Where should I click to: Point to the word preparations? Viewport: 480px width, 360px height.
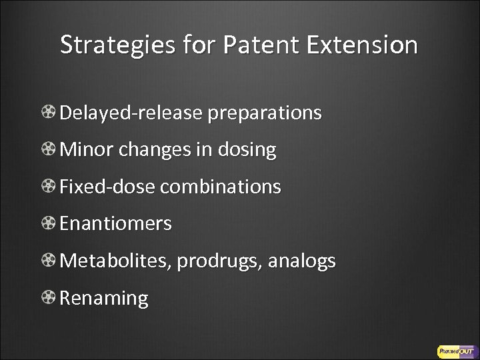click(265, 114)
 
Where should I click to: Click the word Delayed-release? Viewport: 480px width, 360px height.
click(131, 113)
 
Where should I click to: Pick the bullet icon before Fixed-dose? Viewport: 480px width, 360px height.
click(49, 187)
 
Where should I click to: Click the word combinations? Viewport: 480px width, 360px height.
click(221, 187)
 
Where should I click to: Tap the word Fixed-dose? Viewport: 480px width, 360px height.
click(107, 187)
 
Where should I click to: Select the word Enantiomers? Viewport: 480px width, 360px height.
click(115, 225)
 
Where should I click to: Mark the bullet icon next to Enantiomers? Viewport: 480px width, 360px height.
click(49, 225)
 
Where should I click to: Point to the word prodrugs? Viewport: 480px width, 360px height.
click(220, 262)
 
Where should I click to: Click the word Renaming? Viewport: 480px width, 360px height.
click(104, 299)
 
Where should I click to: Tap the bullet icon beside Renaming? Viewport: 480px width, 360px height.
click(49, 298)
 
